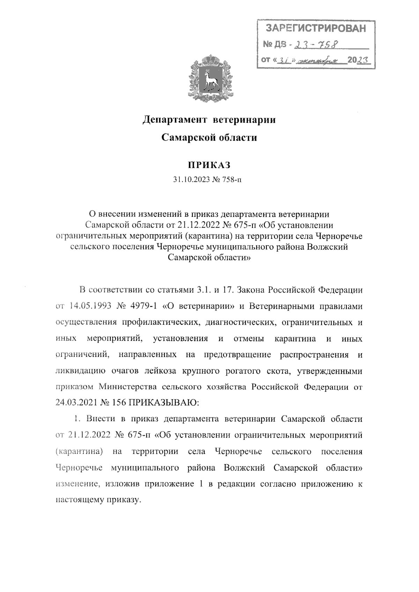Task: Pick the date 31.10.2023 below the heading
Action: click(x=191, y=180)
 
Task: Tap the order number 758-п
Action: click(x=232, y=180)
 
